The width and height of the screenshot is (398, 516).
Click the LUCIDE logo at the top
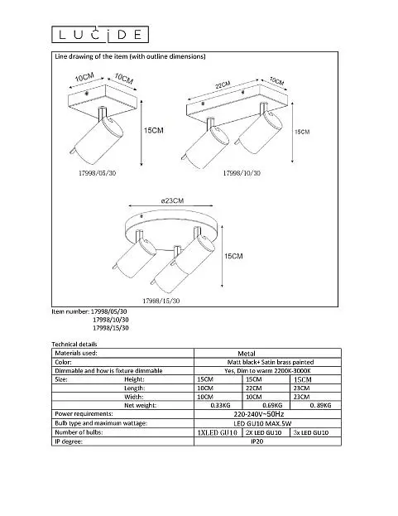click(100, 35)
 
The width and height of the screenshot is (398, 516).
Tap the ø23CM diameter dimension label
click(172, 200)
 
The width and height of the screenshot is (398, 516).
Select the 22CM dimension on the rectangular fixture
click(223, 85)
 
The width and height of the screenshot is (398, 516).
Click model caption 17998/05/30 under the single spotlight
click(98, 173)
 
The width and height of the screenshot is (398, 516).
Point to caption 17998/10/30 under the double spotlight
click(242, 173)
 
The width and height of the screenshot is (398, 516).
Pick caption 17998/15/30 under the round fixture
click(161, 301)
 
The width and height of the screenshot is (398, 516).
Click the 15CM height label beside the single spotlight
click(153, 131)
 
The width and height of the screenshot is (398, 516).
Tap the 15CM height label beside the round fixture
click(233, 256)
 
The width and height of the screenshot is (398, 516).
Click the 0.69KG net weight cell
click(272, 406)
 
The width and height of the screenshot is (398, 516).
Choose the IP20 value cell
click(257, 441)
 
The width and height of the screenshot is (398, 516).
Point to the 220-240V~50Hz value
click(259, 414)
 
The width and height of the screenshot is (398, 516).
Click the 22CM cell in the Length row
click(254, 388)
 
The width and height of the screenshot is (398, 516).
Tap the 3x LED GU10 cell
click(310, 432)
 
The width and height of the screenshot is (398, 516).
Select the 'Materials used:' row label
click(76, 353)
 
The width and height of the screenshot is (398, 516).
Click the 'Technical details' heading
click(74, 345)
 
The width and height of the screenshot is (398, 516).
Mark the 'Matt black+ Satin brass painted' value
click(271, 362)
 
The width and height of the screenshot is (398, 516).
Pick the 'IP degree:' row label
click(69, 441)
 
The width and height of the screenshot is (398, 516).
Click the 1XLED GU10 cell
click(217, 432)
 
